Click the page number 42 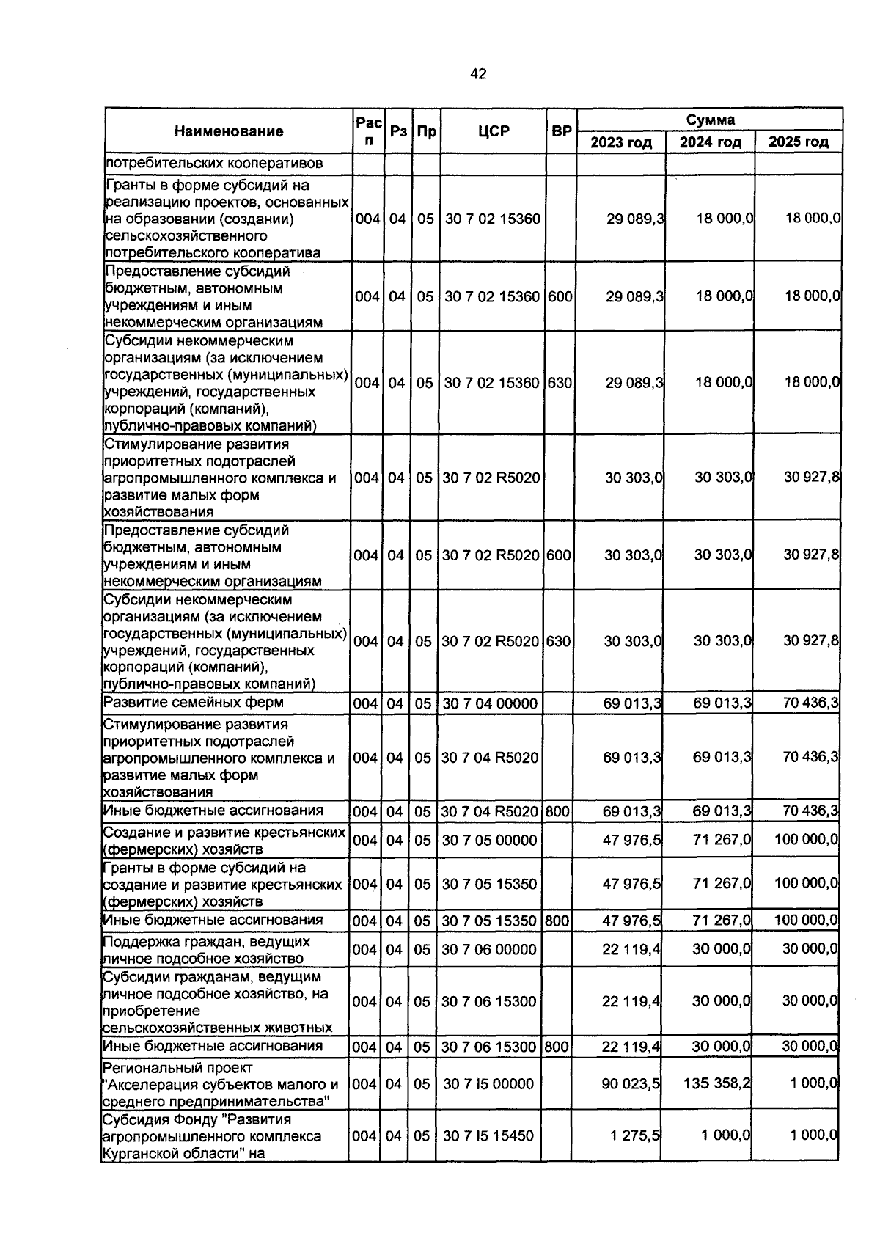478,74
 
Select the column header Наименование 229,131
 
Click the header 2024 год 710,142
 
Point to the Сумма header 710,120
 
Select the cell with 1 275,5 635,1135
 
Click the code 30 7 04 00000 489,703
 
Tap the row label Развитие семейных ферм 193,703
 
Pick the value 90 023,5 631,1083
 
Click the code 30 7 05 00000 489,840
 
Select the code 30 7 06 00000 489,949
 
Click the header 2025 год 798,142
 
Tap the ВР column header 561,131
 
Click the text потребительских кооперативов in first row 214,163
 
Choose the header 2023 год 621,142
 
